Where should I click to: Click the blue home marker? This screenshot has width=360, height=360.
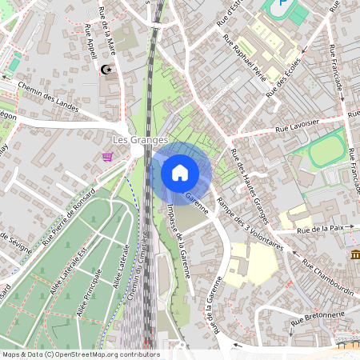tap(180, 173)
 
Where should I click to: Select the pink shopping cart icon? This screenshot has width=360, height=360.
tap(107, 157)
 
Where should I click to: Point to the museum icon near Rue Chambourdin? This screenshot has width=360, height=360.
tap(354, 254)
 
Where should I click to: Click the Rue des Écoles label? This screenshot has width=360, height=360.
tap(285, 78)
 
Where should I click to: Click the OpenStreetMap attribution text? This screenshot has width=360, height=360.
tap(80, 354)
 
